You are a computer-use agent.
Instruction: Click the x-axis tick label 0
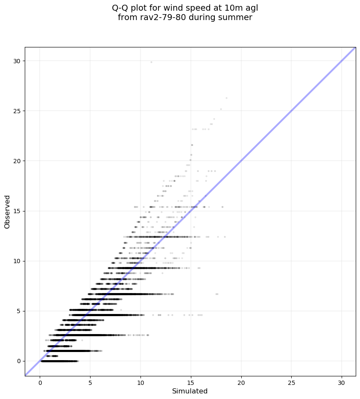coord(40,381)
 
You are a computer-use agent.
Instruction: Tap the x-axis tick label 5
coord(90,381)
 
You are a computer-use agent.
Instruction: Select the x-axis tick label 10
coord(140,381)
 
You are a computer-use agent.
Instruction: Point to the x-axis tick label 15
coord(191,381)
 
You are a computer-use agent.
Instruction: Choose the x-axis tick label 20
coord(241,381)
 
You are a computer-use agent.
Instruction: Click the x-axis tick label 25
coord(291,381)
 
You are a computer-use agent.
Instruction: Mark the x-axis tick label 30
coord(342,381)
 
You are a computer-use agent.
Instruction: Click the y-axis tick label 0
coord(19,361)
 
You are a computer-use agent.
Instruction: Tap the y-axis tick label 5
coord(19,311)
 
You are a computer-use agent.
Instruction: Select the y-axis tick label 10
coord(17,261)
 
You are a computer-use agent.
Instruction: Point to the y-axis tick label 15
coord(17,211)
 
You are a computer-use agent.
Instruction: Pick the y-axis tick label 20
coord(17,161)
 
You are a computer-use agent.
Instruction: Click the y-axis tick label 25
coord(17,111)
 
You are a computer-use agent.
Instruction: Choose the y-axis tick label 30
coord(17,61)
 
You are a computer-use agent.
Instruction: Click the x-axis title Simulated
coord(190,391)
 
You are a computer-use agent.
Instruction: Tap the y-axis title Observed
coord(7,211)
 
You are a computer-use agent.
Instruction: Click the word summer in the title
coord(237,18)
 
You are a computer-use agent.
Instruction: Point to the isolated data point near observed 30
coord(151,62)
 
